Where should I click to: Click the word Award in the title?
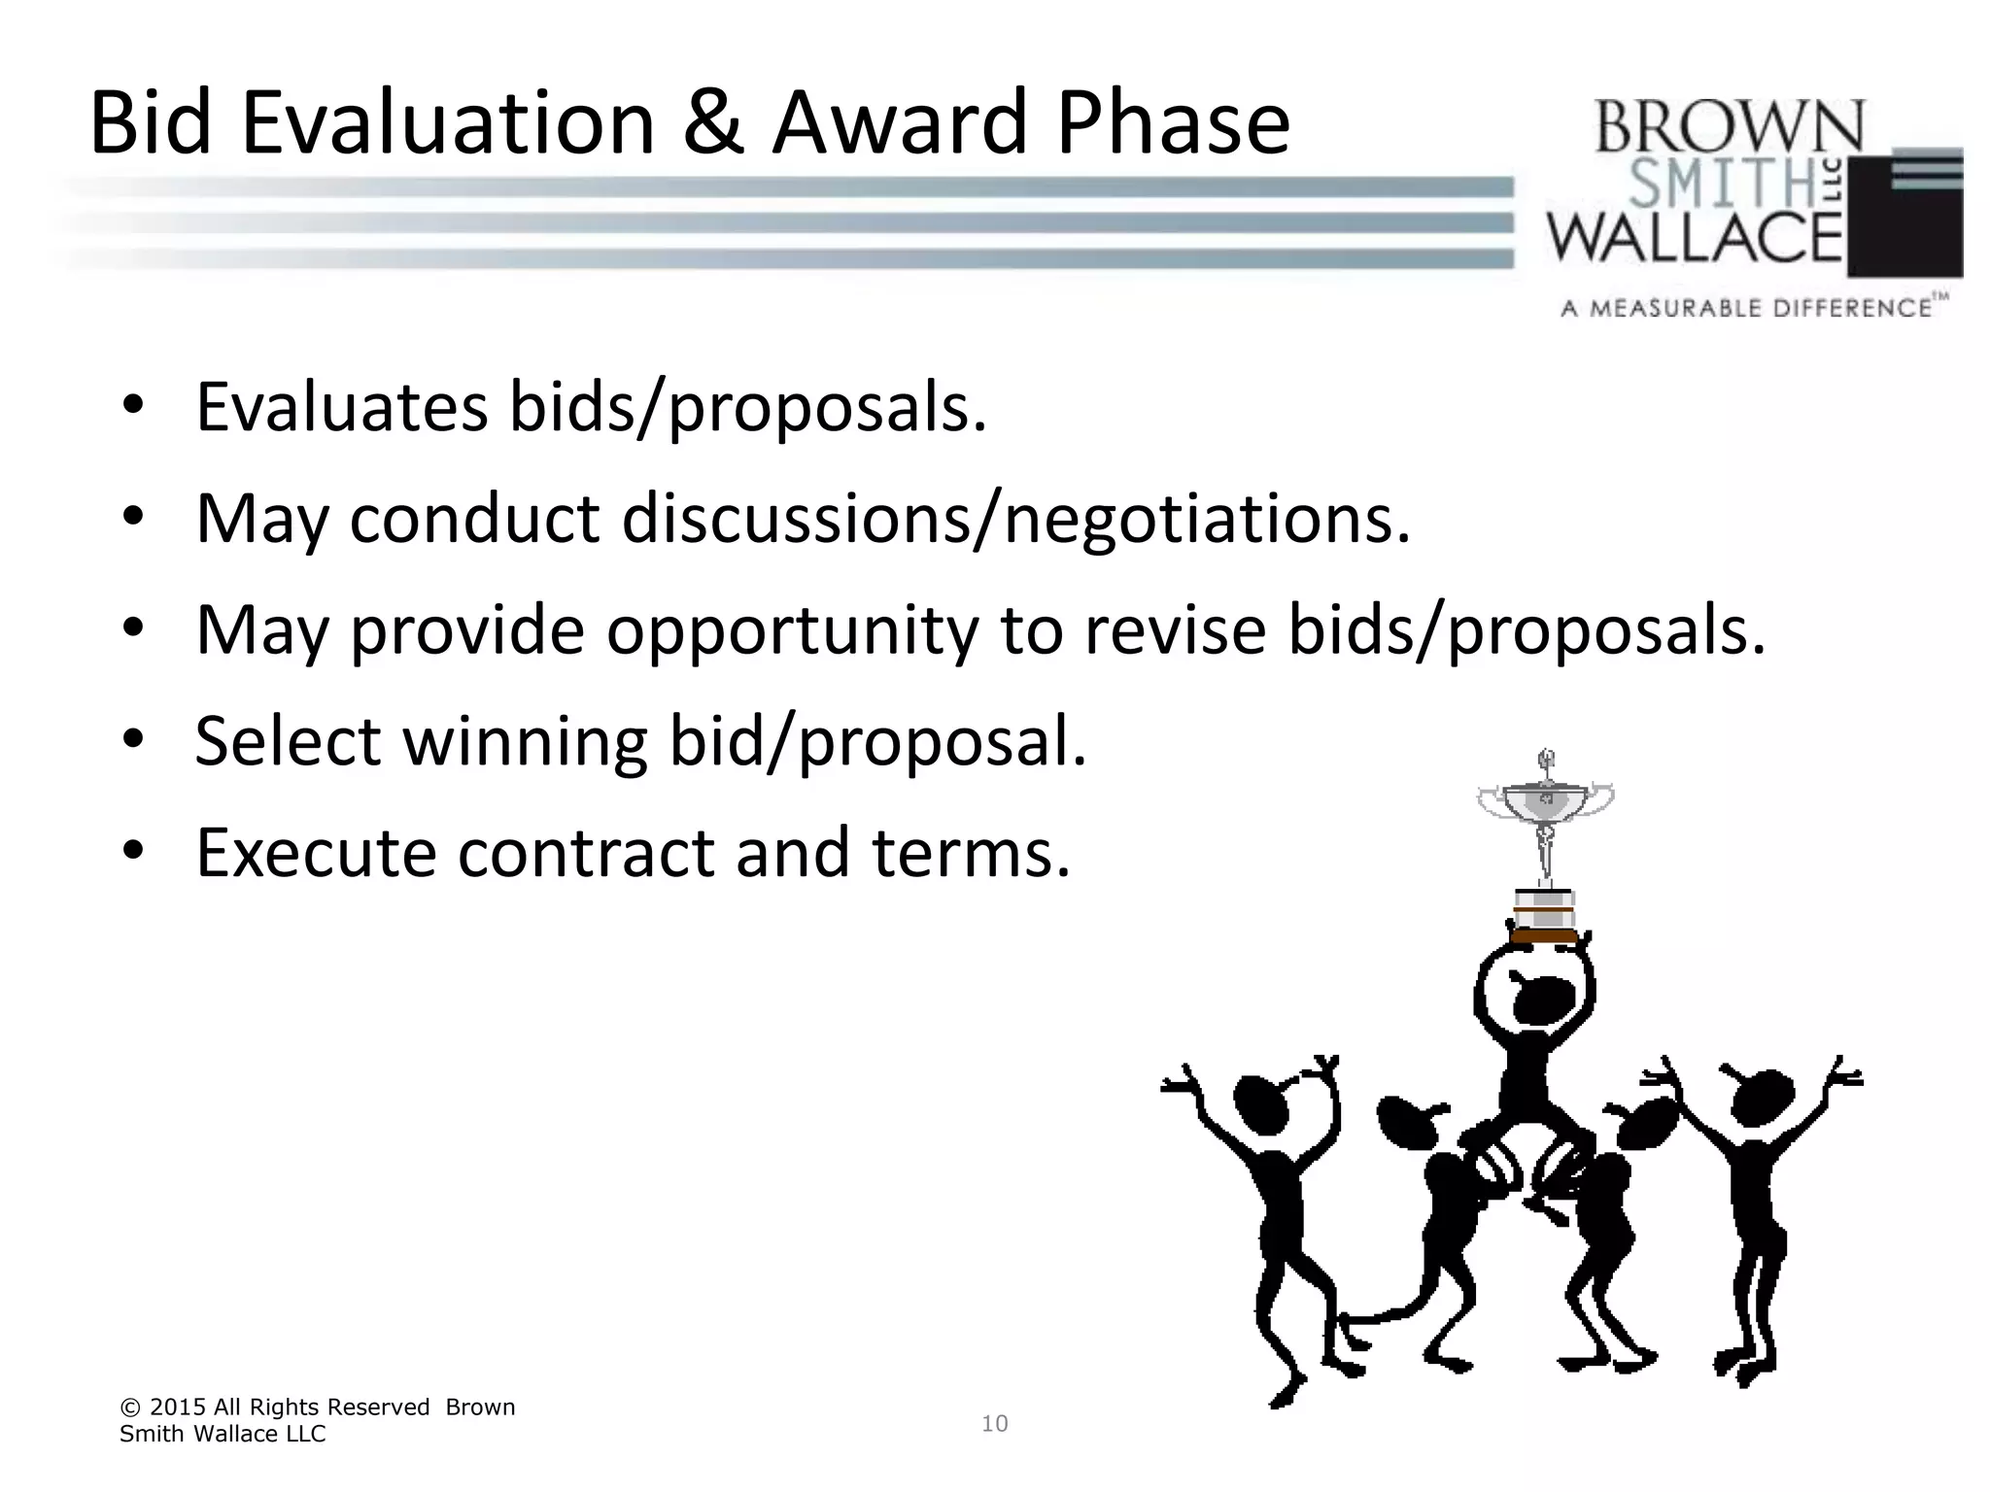[900, 122]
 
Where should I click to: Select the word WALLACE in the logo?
[1695, 237]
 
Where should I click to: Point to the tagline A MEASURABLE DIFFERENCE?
[1745, 309]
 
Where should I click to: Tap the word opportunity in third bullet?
[792, 630]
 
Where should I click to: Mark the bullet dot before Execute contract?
[133, 851]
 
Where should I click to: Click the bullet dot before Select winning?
[133, 740]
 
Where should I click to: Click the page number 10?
[995, 1424]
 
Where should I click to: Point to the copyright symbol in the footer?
[128, 1407]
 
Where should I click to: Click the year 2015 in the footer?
[178, 1407]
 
